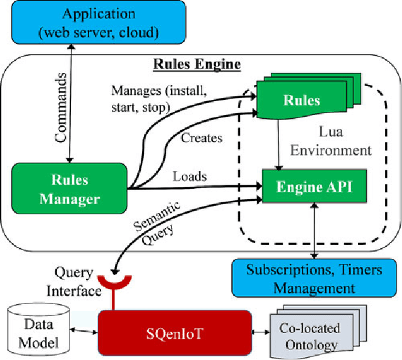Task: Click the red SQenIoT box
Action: click(171, 332)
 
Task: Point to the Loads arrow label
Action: click(189, 177)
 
